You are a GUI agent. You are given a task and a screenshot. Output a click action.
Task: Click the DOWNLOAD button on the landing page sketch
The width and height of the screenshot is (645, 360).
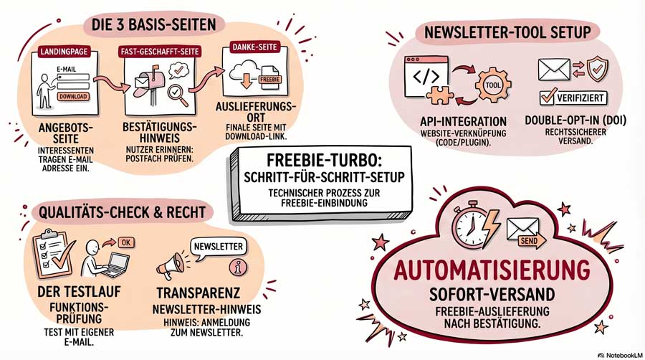(x=73, y=97)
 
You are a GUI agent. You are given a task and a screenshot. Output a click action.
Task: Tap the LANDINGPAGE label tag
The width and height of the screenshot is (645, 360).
(x=64, y=52)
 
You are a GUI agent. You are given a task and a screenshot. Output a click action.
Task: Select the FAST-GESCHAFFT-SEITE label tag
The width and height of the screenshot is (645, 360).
(x=160, y=52)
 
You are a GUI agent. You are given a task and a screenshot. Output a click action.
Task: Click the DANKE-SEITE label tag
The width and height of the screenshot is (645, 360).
(x=254, y=47)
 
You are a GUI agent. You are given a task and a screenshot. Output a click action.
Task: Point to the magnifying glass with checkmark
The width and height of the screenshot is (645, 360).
(x=177, y=95)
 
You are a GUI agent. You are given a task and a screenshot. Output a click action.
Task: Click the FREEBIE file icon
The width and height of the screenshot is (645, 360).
(x=270, y=77)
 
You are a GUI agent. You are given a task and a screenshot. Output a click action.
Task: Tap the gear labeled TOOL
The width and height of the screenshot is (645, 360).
(x=493, y=85)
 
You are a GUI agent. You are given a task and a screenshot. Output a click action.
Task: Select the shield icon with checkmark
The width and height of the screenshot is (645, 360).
(x=598, y=69)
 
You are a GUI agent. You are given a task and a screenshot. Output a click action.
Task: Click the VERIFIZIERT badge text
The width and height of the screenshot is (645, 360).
(x=580, y=98)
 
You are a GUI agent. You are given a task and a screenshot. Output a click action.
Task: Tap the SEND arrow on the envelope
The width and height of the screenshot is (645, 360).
(x=532, y=241)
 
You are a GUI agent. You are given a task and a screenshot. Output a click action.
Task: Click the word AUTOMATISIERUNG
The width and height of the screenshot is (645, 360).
(x=492, y=270)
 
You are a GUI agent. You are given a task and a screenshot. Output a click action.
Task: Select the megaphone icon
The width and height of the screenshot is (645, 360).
(x=171, y=266)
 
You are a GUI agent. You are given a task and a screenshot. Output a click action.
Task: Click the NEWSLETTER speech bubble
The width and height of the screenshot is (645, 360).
(x=219, y=247)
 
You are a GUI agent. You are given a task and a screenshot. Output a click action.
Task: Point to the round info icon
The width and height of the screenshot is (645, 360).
(x=238, y=267)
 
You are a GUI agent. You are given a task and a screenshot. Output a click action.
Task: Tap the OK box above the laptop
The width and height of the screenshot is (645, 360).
(x=126, y=242)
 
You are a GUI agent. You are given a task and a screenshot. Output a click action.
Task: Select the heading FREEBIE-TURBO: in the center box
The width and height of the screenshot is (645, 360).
(x=319, y=160)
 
